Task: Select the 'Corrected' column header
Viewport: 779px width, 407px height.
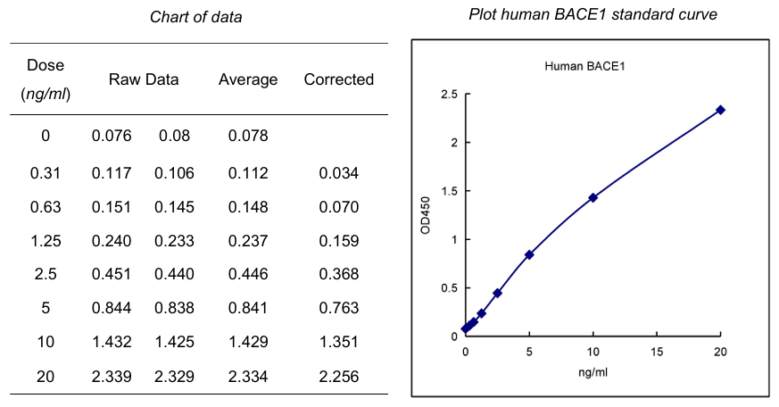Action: click(x=338, y=79)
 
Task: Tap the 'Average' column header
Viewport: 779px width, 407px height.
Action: click(x=248, y=79)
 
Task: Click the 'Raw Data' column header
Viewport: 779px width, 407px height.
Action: click(x=144, y=79)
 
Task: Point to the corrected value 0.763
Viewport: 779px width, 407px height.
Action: click(x=338, y=309)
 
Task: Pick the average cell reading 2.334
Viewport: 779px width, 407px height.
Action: click(x=248, y=377)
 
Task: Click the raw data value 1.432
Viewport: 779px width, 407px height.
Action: click(x=112, y=343)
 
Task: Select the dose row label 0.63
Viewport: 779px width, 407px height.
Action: click(x=46, y=207)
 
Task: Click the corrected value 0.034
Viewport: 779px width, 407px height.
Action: click(x=338, y=173)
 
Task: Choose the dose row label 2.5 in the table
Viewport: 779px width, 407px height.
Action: click(x=46, y=275)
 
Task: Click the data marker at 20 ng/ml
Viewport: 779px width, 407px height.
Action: click(x=720, y=110)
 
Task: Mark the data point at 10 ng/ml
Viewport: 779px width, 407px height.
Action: click(x=593, y=197)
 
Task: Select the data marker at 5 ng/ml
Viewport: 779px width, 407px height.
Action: click(x=529, y=254)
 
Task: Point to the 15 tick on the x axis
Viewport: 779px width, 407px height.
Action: click(x=657, y=351)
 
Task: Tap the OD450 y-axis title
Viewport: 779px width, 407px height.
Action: click(x=427, y=216)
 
